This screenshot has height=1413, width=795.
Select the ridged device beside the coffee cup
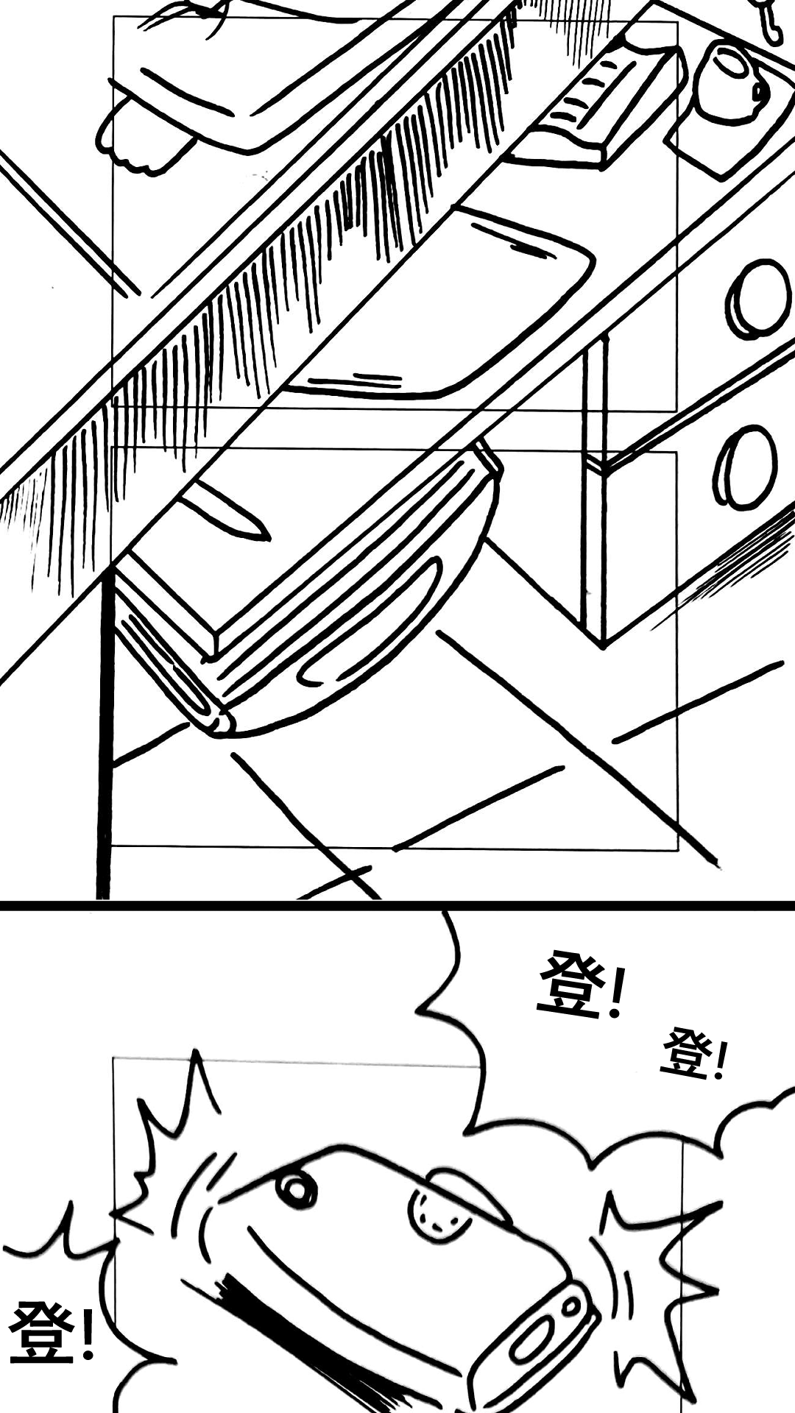596,103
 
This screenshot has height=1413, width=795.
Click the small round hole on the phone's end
573,1308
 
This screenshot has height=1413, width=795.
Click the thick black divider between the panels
397,905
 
